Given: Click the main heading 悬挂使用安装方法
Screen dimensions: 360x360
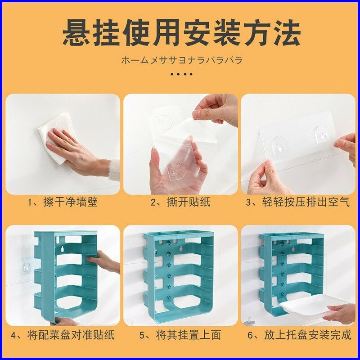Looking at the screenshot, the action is coord(181,33).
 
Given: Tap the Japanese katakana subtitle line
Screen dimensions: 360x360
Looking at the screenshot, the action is coord(182,60).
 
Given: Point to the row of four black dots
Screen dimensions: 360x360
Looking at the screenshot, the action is coord(182,74).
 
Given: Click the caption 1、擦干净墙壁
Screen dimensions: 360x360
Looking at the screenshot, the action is coord(63,202).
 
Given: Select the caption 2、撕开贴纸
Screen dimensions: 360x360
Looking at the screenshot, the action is coord(180,202).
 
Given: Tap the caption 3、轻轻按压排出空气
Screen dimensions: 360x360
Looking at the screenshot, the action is coord(298,202).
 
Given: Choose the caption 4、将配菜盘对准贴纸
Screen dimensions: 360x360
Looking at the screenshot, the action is coord(63,335).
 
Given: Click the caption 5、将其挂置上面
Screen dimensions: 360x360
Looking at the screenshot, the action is coord(180,335).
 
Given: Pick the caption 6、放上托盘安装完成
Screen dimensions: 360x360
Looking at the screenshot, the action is coord(299,335).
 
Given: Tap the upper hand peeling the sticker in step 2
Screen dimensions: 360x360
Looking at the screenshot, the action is coord(215,110).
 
